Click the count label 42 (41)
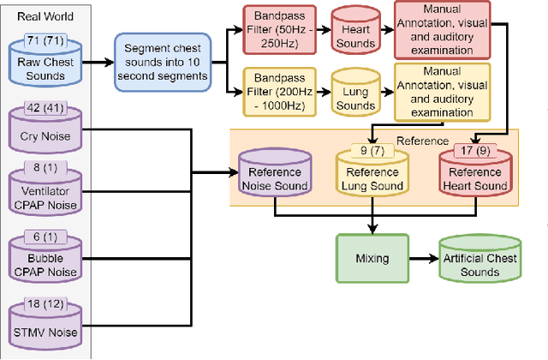pyautogui.click(x=51, y=109)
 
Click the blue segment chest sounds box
pyautogui.click(x=165, y=63)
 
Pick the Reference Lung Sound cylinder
pyautogui.click(x=372, y=174)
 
